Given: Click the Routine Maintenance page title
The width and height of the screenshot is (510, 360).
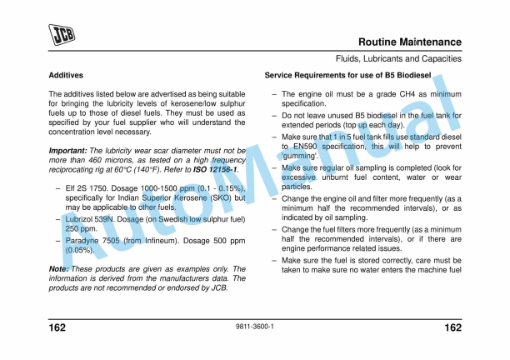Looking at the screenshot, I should [409, 42].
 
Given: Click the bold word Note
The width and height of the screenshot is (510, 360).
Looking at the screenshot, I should [58, 269].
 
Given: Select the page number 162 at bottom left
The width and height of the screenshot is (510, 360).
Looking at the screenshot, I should [58, 328].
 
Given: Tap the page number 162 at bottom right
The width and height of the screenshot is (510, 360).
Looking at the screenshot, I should [452, 328].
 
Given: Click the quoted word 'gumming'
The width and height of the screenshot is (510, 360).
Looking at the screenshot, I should [302, 155].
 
